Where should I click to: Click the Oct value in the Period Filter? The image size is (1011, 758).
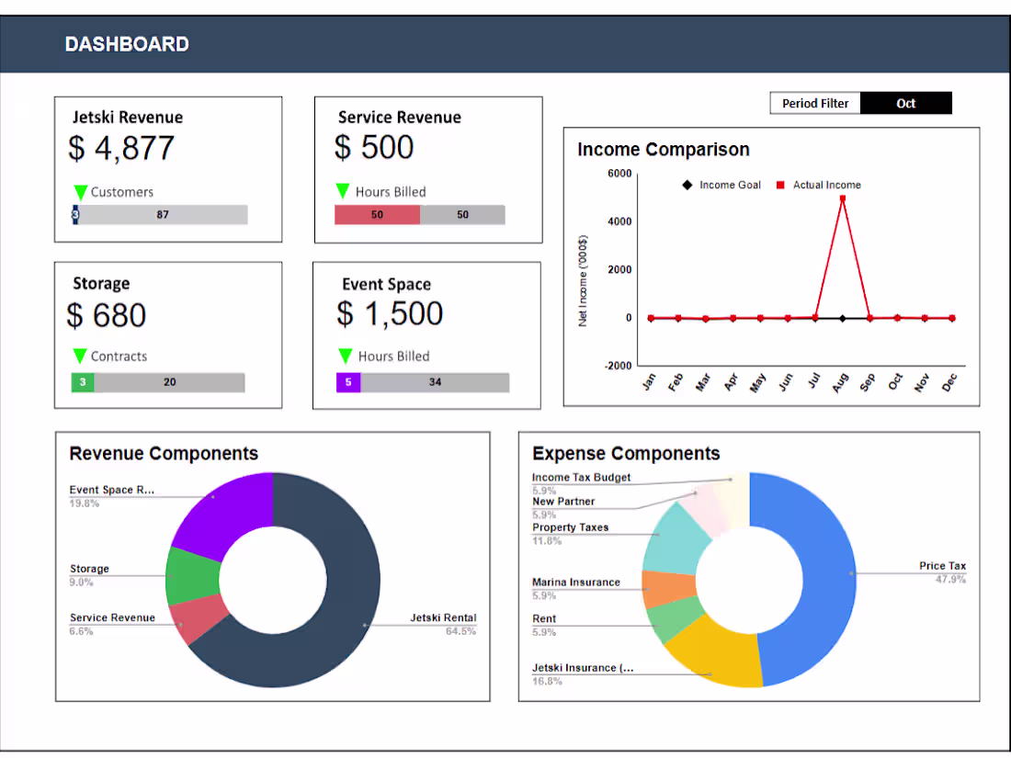pos(905,104)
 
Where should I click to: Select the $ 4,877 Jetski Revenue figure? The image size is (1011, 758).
pos(121,148)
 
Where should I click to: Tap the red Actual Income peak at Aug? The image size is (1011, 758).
pos(843,198)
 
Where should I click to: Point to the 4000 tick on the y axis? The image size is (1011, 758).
pos(619,221)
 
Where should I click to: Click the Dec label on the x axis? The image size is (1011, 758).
pos(949,382)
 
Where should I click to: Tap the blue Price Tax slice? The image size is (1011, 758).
pos(809,579)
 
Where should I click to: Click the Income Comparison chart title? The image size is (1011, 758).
pos(663,150)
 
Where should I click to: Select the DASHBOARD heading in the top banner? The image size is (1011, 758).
pos(127,44)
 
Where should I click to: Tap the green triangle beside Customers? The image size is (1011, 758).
pos(81,192)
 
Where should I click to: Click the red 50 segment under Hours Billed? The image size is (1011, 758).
pos(377,215)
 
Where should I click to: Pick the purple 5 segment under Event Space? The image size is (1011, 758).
pos(347,382)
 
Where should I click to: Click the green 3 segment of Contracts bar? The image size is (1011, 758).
pos(83,382)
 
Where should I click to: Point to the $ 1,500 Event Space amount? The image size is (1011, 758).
pos(390,314)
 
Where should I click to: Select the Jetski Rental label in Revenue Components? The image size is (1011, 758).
pos(443,617)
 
